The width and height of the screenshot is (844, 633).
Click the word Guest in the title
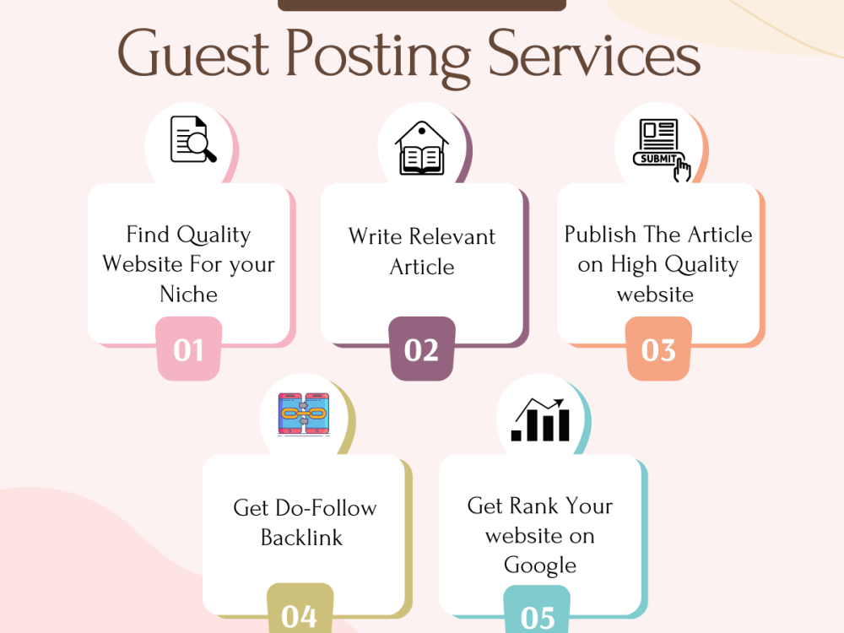193,54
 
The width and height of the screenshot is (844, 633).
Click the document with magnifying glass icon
193,139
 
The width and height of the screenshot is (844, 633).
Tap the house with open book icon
421,148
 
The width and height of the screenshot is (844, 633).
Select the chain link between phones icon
304,414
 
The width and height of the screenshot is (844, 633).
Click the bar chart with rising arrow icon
540,419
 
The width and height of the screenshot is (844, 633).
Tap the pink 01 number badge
188,349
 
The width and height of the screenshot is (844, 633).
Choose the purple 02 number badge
421,349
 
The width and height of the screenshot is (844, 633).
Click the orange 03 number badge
658,349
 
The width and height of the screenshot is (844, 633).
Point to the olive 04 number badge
300,609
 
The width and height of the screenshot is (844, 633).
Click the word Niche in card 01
189,295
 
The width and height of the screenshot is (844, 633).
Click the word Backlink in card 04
301,537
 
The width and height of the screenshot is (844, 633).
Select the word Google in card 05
540,566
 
